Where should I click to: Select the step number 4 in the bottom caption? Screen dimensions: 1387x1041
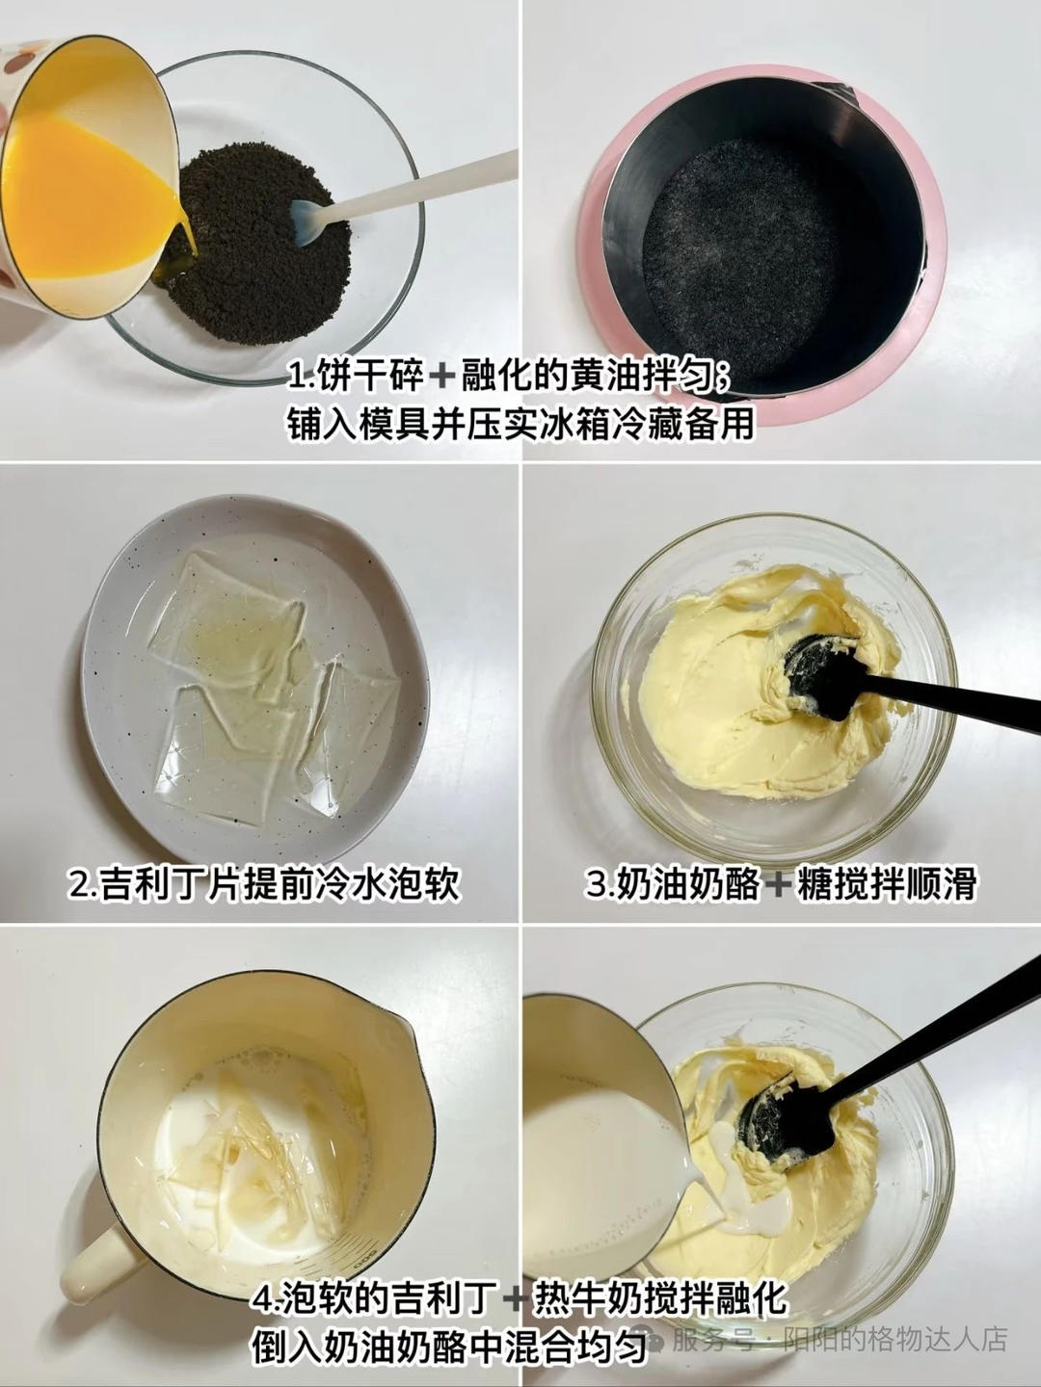coord(261,1300)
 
